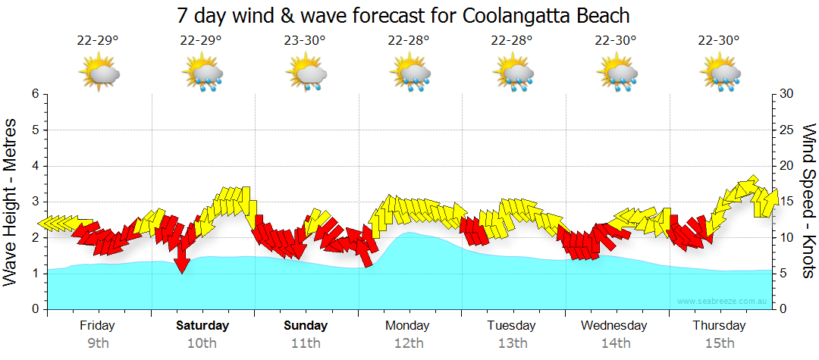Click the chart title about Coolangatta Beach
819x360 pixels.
pyautogui.click(x=403, y=15)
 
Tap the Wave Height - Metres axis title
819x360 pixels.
pyautogui.click(x=11, y=201)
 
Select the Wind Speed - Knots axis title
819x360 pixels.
pyautogui.click(x=808, y=201)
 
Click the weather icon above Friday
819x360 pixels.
pyautogui.click(x=99, y=74)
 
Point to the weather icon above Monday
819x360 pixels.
pyautogui.click(x=409, y=74)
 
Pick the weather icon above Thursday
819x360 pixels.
pyautogui.click(x=720, y=74)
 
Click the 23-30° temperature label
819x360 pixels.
pyautogui.click(x=306, y=40)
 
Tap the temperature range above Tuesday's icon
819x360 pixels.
pyautogui.click(x=513, y=40)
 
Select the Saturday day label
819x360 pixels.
pyautogui.click(x=202, y=326)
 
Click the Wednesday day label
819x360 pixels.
pyautogui.click(x=614, y=326)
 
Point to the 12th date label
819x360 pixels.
pyautogui.click(x=409, y=343)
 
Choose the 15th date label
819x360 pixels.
pyautogui.click(x=720, y=343)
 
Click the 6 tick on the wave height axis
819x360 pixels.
pyautogui.click(x=34, y=94)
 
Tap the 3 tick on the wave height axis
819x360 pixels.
pyautogui.click(x=34, y=202)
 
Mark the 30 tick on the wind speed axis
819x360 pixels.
pyautogui.click(x=787, y=94)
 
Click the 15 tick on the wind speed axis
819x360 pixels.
pyautogui.click(x=787, y=202)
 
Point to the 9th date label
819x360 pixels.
pyautogui.click(x=98, y=343)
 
